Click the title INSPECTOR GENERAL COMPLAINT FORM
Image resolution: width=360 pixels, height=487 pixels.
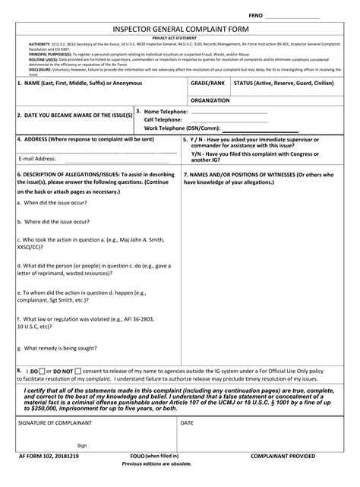pyautogui.click(x=180, y=28)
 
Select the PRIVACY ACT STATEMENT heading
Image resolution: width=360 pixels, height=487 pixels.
pyautogui.click(x=180, y=37)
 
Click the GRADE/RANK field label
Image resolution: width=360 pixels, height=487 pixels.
pyautogui.click(x=207, y=82)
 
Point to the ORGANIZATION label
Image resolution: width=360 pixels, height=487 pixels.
pyautogui.click(x=211, y=100)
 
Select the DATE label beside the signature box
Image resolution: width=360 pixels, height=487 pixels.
pyautogui.click(x=187, y=422)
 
